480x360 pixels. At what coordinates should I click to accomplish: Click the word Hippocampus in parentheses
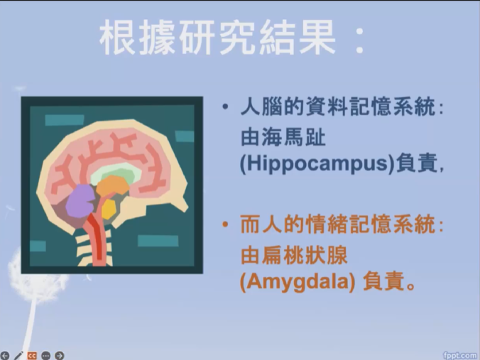317,163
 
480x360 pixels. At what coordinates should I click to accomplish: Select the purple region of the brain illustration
80,201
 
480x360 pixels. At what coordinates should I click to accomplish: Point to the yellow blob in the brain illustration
109,209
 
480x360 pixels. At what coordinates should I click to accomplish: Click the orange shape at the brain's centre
113,186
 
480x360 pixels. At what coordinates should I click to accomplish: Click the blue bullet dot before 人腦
225,107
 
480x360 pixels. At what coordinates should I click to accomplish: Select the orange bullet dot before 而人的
225,224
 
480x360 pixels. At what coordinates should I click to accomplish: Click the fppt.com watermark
461,355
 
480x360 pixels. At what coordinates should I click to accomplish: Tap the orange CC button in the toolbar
32,356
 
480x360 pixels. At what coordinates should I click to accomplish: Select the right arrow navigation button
60,356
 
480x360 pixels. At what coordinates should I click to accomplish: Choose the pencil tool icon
18,356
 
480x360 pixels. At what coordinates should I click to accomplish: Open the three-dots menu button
45,356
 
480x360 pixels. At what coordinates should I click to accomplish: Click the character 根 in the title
118,38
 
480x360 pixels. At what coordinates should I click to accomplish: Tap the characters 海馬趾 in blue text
293,138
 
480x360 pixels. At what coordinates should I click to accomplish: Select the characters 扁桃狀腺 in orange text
305,256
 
